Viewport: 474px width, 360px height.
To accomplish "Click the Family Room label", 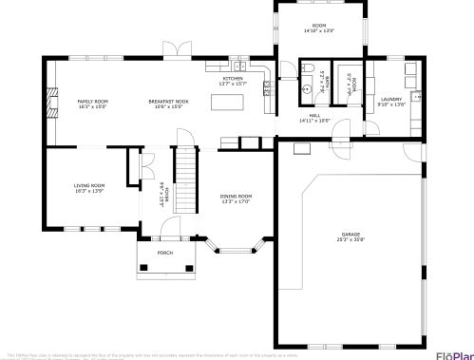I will coord(92,101).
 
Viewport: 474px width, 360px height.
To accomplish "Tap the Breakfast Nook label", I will coord(167,101).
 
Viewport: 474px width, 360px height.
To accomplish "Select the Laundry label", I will coord(391,99).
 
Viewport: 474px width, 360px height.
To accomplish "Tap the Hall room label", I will coord(313,118).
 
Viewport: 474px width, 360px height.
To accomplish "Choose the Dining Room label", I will coord(236,196).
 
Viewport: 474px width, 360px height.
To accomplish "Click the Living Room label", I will coord(90,185).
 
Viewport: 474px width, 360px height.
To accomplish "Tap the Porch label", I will coord(165,254).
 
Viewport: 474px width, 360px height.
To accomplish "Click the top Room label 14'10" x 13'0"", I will coord(319,27).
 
